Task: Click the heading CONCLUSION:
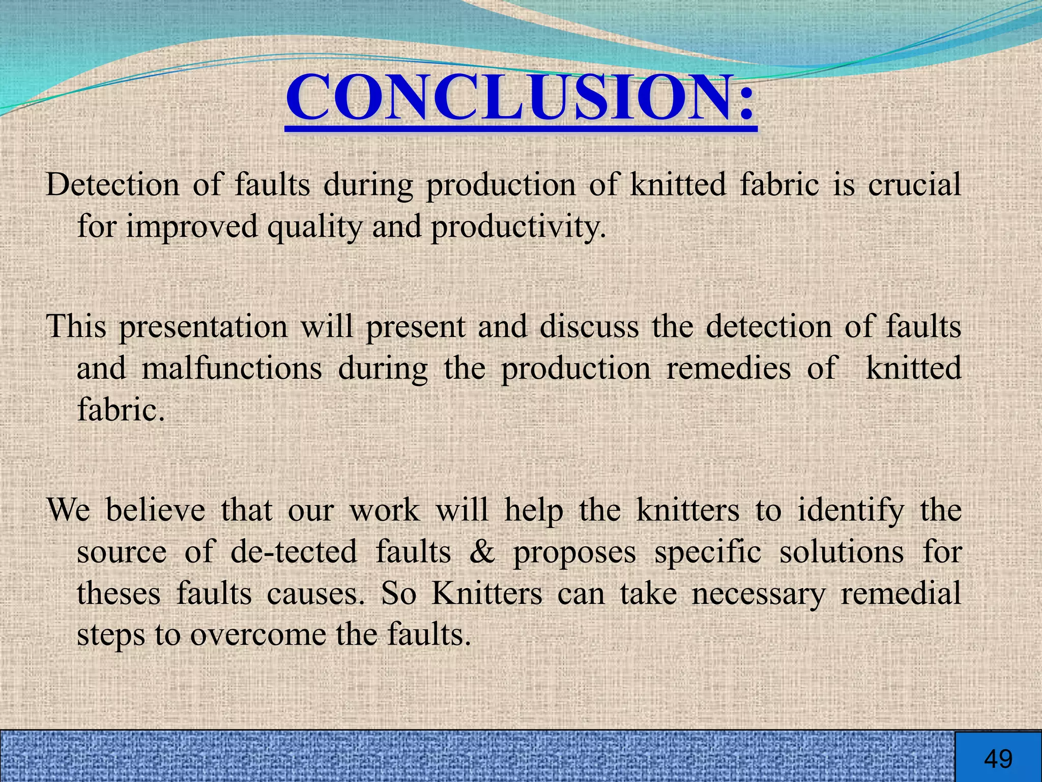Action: click(520, 98)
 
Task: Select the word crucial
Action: click(914, 184)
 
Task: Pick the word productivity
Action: click(518, 227)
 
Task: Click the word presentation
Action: click(204, 327)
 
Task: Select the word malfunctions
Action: click(231, 368)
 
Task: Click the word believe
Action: click(155, 510)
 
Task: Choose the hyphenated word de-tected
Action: click(294, 552)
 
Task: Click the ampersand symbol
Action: click(482, 552)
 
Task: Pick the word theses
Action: click(119, 594)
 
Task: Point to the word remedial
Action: click(901, 594)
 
